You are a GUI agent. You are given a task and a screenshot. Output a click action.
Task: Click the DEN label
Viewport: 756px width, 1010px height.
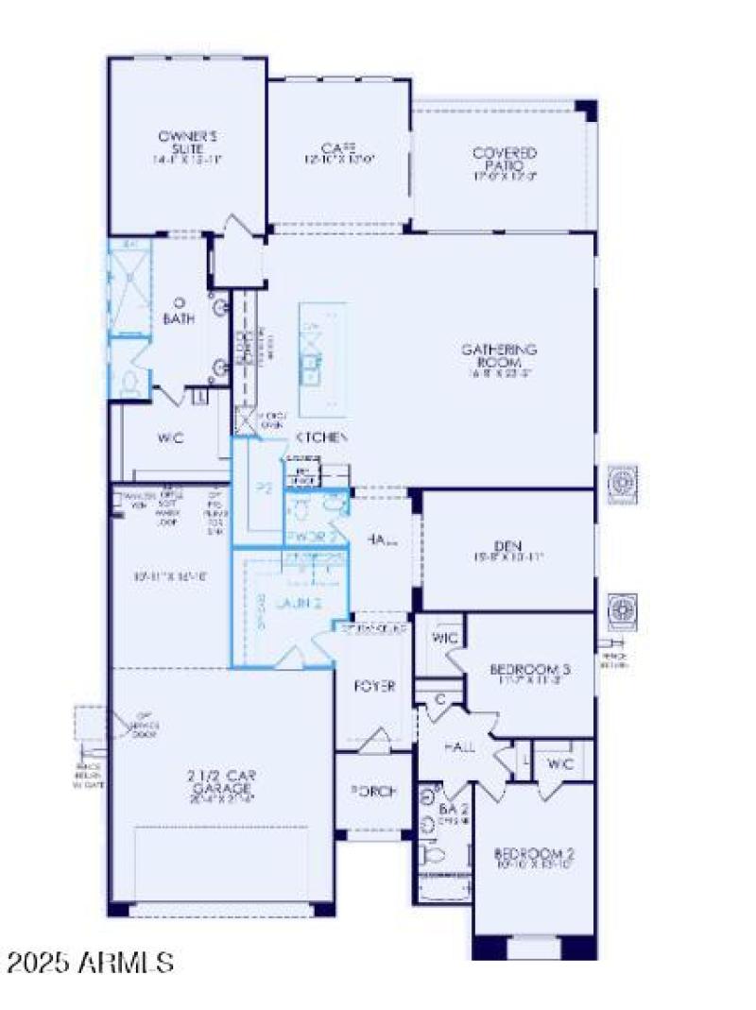507,545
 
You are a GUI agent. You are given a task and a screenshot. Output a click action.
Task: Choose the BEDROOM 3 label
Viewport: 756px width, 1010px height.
526,671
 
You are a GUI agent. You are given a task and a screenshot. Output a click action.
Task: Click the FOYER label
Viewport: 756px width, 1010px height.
374,686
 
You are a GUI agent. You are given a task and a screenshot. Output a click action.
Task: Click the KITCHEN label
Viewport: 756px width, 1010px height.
323,437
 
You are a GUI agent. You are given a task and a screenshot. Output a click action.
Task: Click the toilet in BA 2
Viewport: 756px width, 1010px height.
434,855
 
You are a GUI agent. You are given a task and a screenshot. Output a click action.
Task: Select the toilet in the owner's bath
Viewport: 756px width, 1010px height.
130,382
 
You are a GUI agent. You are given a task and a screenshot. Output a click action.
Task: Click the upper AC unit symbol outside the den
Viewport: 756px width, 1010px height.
622,483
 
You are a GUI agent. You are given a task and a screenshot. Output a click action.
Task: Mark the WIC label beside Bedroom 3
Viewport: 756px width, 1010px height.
445,640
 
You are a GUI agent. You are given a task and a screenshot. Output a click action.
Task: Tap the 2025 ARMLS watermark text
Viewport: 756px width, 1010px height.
90,964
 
